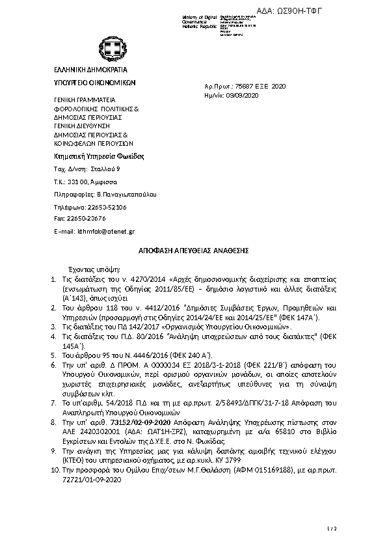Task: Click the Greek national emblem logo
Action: pyautogui.click(x=108, y=48)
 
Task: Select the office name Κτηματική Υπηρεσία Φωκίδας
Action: pyautogui.click(x=98, y=156)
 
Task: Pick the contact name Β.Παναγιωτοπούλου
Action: pyautogui.click(x=126, y=194)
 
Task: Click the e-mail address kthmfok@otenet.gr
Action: pyautogui.click(x=107, y=231)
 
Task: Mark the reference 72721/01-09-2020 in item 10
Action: pyautogui.click(x=92, y=479)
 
